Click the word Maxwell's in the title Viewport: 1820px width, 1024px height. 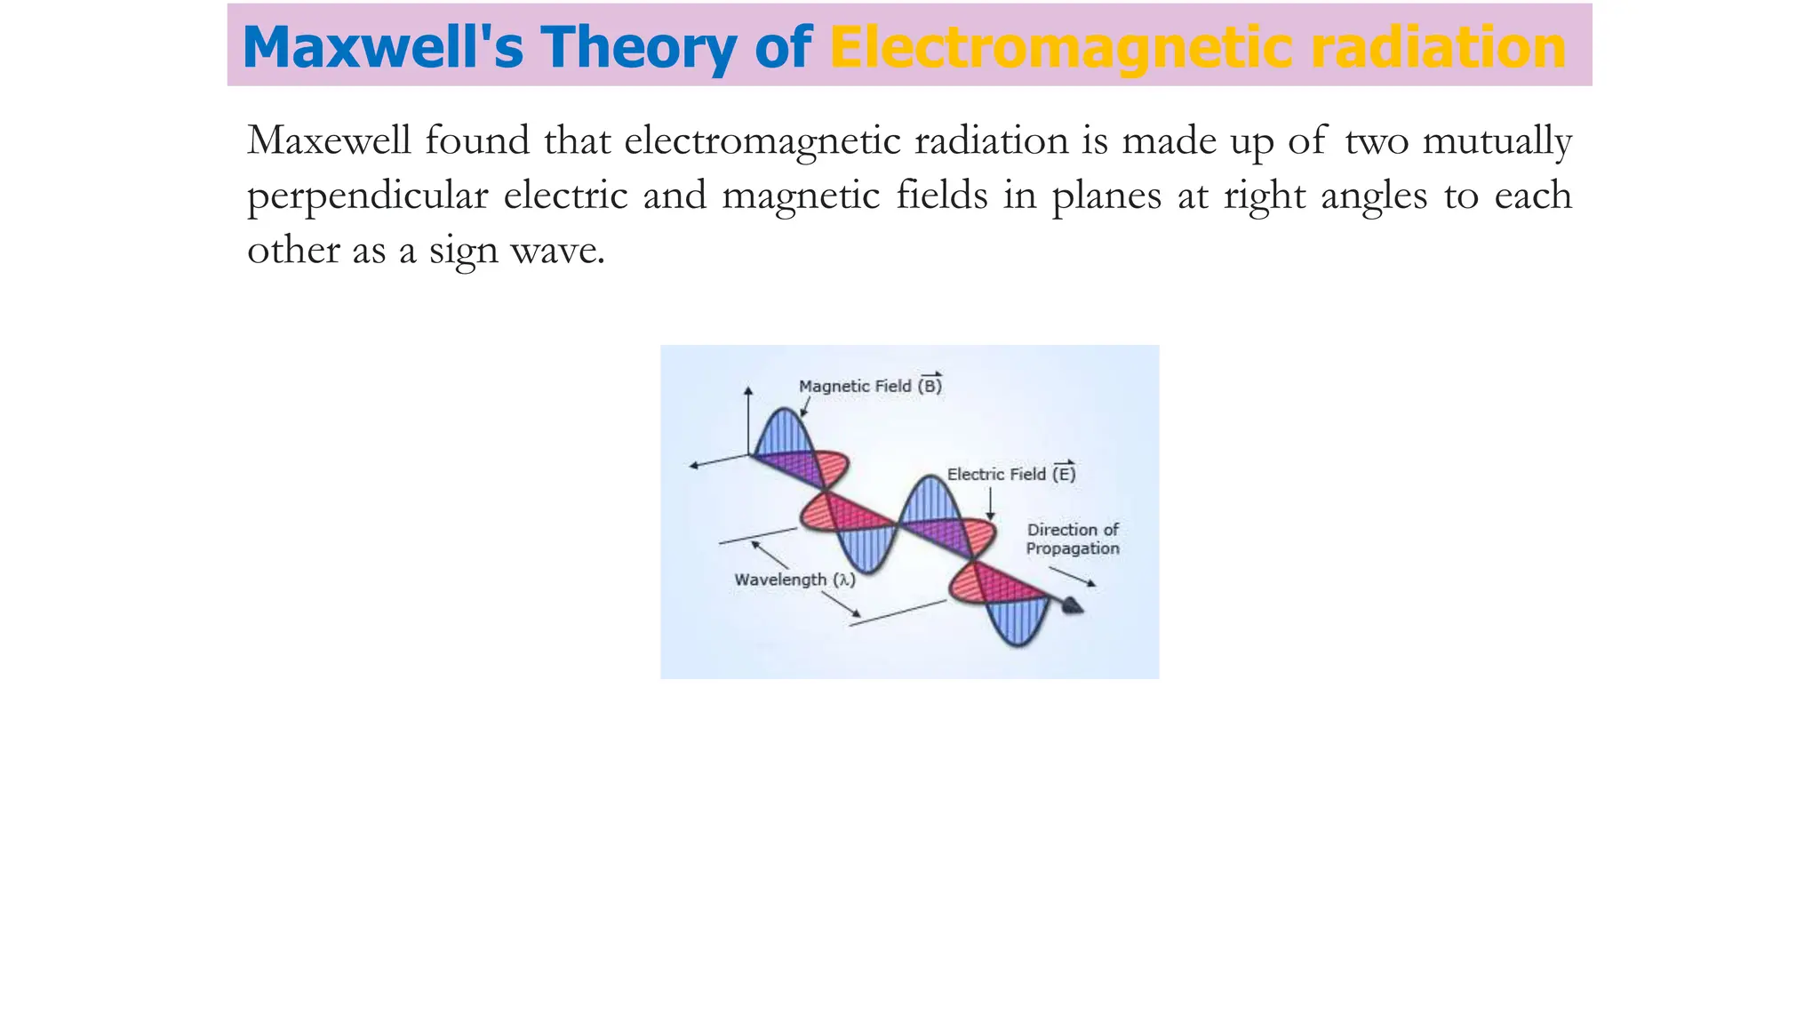click(383, 47)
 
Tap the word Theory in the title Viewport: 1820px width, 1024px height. click(639, 47)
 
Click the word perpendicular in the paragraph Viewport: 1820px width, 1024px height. click(367, 196)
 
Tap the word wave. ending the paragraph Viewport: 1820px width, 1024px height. click(558, 251)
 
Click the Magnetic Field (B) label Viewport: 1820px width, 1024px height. click(869, 385)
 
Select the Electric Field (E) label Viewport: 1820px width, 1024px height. click(1010, 474)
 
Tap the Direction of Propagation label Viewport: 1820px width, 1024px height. click(1073, 539)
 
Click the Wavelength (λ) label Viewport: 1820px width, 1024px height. click(794, 580)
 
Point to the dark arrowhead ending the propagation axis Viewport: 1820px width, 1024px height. click(1074, 606)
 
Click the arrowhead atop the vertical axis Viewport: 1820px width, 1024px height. click(748, 390)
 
